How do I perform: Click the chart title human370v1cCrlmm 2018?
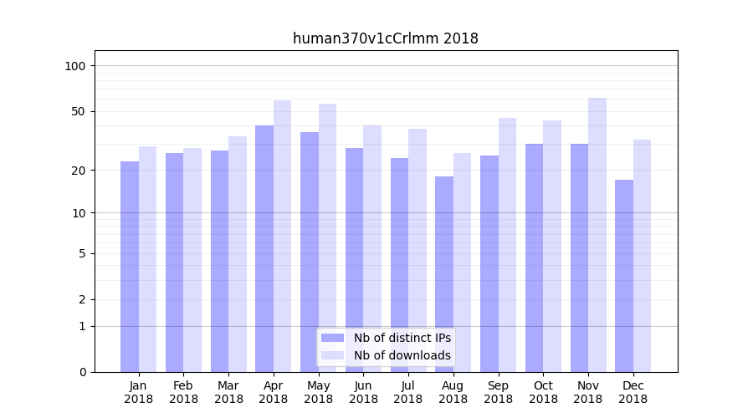[x=385, y=38]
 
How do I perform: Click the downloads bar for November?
[x=597, y=235]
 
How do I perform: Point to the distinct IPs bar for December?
[x=624, y=275]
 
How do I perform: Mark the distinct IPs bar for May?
[x=310, y=252]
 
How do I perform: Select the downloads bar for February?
[x=192, y=260]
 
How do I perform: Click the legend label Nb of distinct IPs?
[x=402, y=338]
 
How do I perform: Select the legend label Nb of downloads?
[x=402, y=355]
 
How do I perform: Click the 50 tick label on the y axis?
[x=79, y=111]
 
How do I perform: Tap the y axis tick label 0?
[x=82, y=372]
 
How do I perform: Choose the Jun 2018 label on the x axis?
[x=363, y=392]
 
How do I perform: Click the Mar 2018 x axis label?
[x=228, y=392]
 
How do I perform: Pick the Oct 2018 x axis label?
[x=543, y=392]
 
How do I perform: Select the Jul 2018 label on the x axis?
[x=408, y=392]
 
